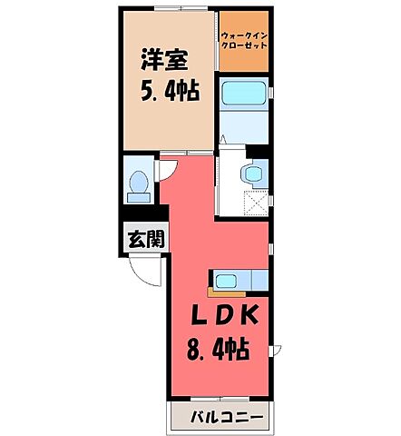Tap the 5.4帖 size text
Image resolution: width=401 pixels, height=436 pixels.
(169, 93)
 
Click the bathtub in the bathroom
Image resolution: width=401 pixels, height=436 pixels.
(242, 93)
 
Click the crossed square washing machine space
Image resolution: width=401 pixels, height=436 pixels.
(257, 203)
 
